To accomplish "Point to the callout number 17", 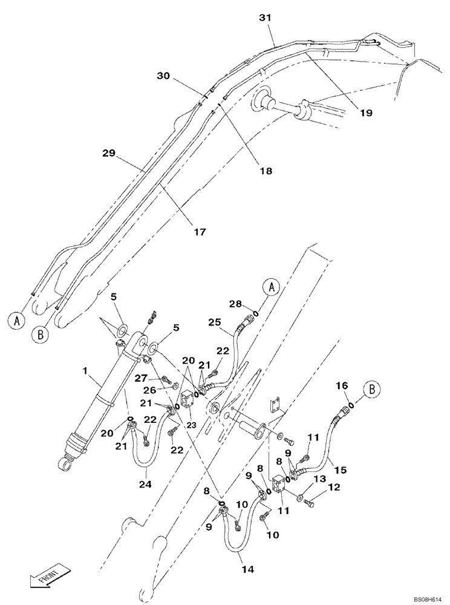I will [200, 231].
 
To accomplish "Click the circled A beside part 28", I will [271, 287].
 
